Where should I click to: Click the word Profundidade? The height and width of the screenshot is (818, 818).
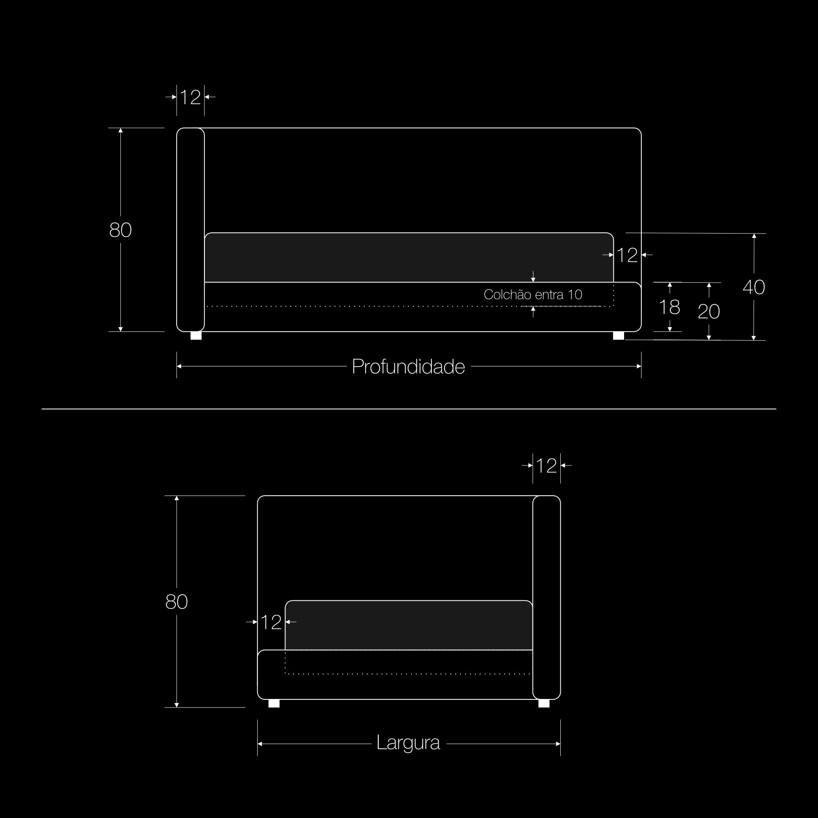(408, 366)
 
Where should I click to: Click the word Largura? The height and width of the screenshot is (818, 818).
(408, 743)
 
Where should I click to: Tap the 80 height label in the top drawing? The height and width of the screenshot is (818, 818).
(120, 230)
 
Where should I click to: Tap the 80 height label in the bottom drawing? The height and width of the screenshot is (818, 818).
(176, 602)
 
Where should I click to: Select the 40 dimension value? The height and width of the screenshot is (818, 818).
(754, 288)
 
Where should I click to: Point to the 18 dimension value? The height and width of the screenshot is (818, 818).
(670, 307)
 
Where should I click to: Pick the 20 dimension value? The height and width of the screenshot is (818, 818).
(709, 312)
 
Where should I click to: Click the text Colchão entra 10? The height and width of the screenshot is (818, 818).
(533, 294)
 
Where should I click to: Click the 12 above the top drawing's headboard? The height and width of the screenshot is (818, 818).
(190, 97)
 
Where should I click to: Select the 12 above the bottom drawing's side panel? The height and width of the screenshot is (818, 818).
(546, 466)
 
